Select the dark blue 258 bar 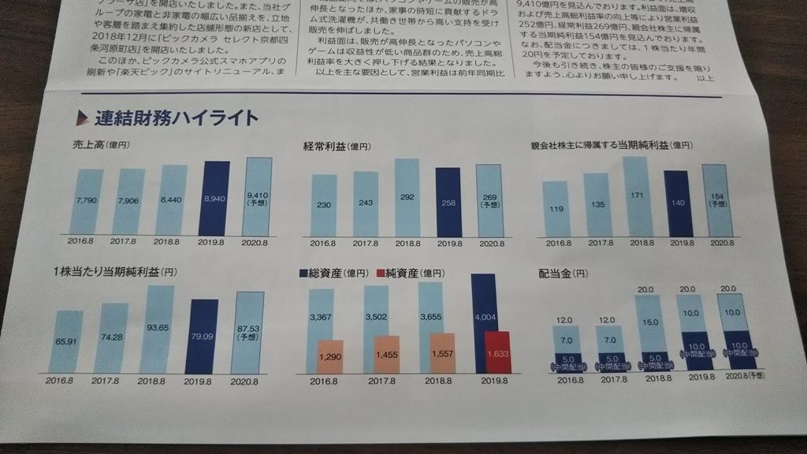pyautogui.click(x=448, y=202)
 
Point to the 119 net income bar pyautogui.click(x=556, y=209)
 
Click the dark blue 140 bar pyautogui.click(x=677, y=203)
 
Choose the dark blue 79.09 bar pyautogui.click(x=201, y=337)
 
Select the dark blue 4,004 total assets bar pyautogui.click(x=482, y=315)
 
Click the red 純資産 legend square pyautogui.click(x=381, y=274)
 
